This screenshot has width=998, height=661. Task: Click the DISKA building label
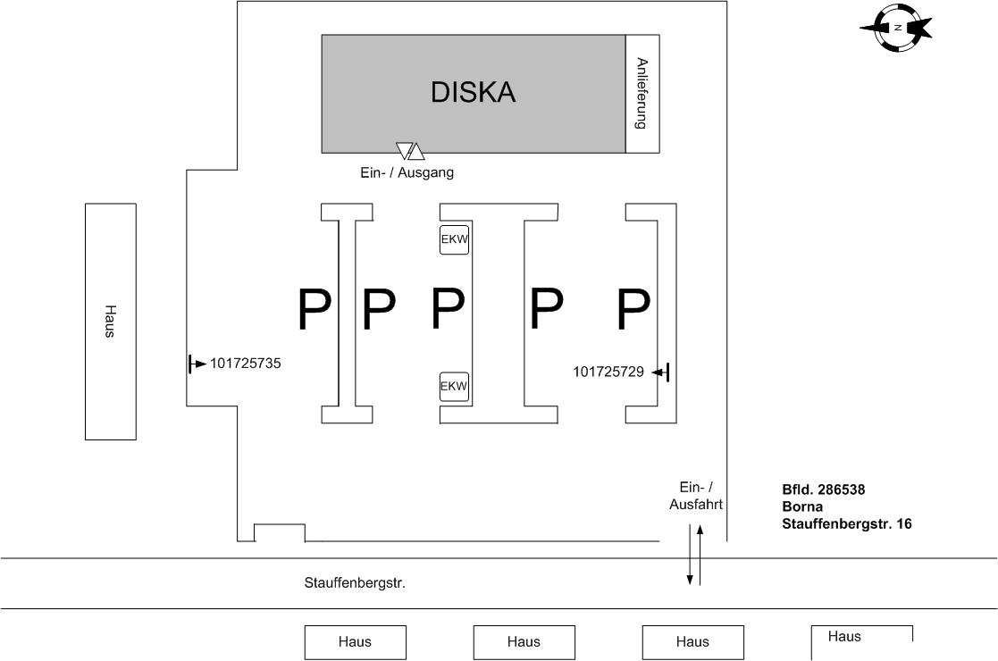pyautogui.click(x=473, y=92)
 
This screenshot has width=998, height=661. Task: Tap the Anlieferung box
pyautogui.click(x=642, y=94)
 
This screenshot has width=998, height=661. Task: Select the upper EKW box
pyautogui.click(x=455, y=240)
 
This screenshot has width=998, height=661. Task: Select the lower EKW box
pyautogui.click(x=455, y=387)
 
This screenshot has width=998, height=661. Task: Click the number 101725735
pyautogui.click(x=246, y=364)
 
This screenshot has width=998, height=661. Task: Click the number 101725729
pyautogui.click(x=608, y=372)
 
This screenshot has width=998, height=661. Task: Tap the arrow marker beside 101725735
pyautogui.click(x=197, y=364)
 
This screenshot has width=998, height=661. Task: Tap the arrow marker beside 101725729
pyautogui.click(x=661, y=372)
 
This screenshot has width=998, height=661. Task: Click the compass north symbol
pyautogui.click(x=897, y=28)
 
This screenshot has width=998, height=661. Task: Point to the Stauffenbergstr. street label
pyautogui.click(x=355, y=583)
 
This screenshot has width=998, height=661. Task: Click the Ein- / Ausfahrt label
pyautogui.click(x=696, y=495)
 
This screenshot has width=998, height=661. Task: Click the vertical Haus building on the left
pyautogui.click(x=111, y=322)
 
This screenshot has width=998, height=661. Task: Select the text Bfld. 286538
pyautogui.click(x=823, y=489)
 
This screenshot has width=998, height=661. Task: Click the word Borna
pyautogui.click(x=801, y=506)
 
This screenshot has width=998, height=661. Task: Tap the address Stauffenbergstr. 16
pyautogui.click(x=847, y=523)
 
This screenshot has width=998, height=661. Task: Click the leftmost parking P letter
pyautogui.click(x=314, y=308)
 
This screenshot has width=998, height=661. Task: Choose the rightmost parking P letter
pyautogui.click(x=633, y=308)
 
